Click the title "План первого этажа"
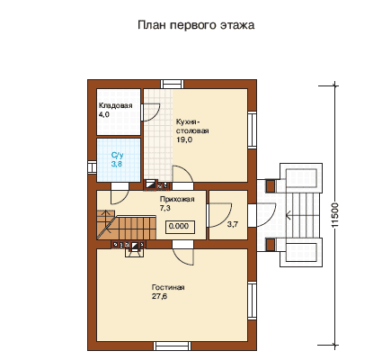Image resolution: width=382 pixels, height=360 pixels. (196, 25)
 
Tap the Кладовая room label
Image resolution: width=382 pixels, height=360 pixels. (115, 105)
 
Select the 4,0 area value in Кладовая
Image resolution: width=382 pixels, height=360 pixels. (103, 114)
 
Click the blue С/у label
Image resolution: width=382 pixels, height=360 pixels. (117, 155)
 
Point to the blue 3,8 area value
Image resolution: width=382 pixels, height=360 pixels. (117, 164)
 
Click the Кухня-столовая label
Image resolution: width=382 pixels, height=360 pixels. (192, 126)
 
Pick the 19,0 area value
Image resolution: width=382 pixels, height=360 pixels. (184, 139)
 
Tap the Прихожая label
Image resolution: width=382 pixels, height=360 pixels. (177, 199)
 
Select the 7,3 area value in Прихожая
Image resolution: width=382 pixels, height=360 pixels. (164, 208)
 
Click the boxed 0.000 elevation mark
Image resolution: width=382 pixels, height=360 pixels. (181, 226)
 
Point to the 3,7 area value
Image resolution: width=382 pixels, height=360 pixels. (232, 224)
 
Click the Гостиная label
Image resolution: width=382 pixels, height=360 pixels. (168, 287)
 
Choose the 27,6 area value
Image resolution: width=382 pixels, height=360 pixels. (159, 296)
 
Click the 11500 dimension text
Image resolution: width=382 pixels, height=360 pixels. (335, 215)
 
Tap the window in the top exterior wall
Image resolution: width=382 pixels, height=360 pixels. (172, 84)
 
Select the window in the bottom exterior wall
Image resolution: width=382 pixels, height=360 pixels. (172, 346)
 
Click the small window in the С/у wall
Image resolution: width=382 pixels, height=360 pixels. (92, 167)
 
